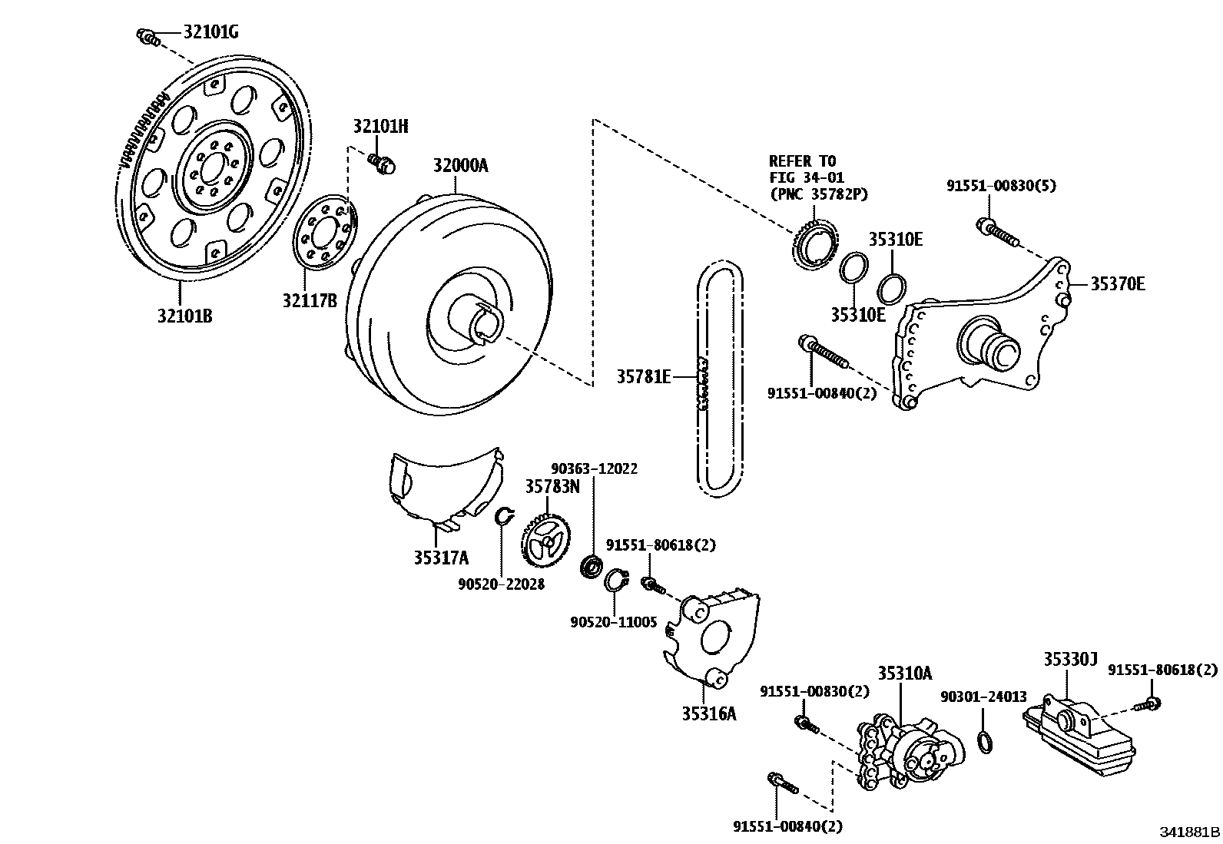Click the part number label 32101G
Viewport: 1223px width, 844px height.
(x=210, y=32)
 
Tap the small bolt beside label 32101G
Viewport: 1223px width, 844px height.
(x=147, y=36)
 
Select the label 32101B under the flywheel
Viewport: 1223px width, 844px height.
(x=184, y=315)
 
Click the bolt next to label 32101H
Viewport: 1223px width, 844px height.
(x=380, y=162)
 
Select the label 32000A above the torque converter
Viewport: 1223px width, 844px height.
(x=460, y=166)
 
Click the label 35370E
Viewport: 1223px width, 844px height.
(x=1118, y=284)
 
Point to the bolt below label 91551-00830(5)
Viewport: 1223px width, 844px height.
(x=997, y=231)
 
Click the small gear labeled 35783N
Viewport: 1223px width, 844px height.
(x=546, y=541)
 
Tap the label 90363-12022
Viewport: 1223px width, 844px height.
(x=594, y=468)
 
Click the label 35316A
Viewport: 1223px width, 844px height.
(x=708, y=713)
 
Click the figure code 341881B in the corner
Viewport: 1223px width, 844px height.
(x=1189, y=832)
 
